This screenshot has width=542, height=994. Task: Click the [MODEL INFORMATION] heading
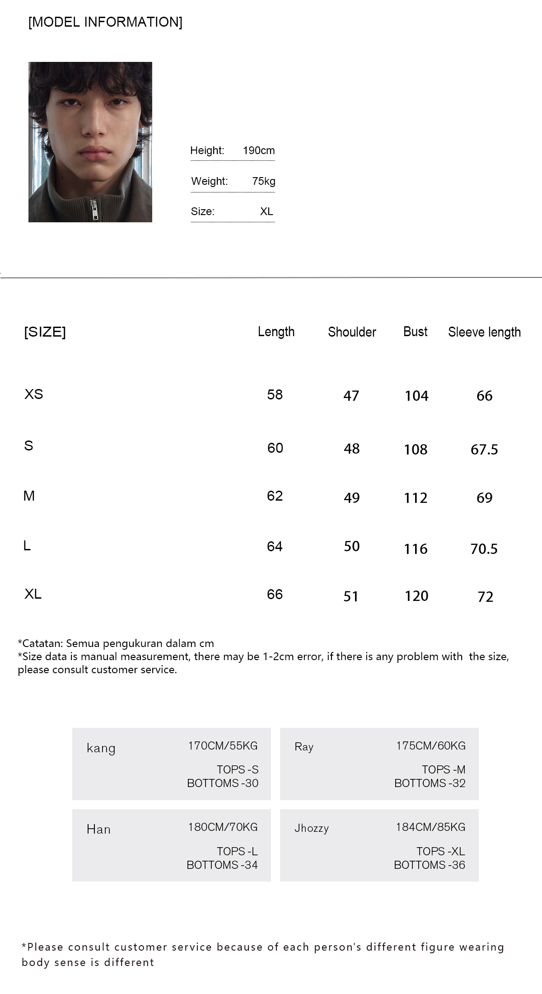point(105,22)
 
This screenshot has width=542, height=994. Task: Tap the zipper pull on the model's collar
point(95,210)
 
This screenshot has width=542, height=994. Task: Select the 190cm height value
point(258,150)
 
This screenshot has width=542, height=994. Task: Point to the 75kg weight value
point(264,181)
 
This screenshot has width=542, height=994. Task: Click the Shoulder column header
point(352,332)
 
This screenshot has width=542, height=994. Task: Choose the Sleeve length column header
point(484,332)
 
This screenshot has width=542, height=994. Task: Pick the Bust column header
point(415,332)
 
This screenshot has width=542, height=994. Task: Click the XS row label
point(33,394)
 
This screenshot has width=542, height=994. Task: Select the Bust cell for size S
point(416,449)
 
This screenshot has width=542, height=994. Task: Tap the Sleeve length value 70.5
point(484,549)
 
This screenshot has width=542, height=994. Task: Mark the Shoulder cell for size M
point(351,497)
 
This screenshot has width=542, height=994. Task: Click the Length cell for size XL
point(275,594)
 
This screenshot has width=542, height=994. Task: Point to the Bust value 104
point(416,396)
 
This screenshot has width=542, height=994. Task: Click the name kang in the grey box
point(101,748)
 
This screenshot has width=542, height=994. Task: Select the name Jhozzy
point(311,828)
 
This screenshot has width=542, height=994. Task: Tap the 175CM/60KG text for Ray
point(430,745)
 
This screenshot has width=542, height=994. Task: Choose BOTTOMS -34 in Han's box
point(222,865)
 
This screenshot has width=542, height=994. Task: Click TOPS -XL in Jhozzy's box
point(440,851)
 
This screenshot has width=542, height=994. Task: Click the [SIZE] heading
point(45,332)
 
